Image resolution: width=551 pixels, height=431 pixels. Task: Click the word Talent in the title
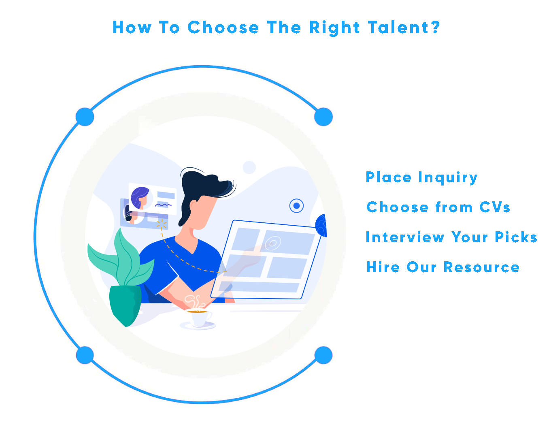(398, 27)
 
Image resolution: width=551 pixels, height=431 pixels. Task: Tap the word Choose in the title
(223, 27)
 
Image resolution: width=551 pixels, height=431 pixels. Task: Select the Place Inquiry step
(421, 177)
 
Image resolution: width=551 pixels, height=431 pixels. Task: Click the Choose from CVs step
(438, 207)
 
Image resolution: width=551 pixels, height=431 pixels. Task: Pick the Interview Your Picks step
(451, 237)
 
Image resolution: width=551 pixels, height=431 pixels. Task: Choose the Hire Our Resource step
(443, 267)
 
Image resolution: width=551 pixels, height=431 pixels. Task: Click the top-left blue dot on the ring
(85, 117)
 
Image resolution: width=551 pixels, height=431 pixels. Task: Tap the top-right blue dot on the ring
(323, 117)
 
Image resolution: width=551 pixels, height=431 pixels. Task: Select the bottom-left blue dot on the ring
(85, 355)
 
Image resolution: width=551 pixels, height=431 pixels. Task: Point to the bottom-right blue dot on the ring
(323, 355)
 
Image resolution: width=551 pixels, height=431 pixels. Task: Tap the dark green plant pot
(125, 305)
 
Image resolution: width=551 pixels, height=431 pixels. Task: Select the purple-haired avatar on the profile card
(140, 198)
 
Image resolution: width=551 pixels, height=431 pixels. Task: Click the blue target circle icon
(296, 206)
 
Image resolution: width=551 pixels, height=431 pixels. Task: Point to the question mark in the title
(436, 27)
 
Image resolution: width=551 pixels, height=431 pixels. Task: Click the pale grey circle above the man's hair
(249, 167)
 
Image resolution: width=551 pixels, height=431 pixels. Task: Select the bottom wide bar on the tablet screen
(259, 287)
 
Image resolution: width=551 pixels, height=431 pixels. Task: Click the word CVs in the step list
(494, 207)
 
